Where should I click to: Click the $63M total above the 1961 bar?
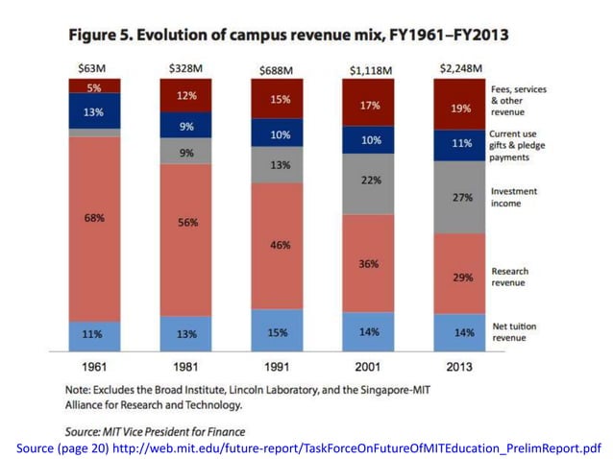94,68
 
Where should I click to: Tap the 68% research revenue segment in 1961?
94,218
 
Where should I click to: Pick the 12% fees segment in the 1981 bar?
186,95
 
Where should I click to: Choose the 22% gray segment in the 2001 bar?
369,181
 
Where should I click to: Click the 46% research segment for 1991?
277,245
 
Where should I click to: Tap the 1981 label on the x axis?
186,367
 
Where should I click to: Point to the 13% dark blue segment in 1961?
94,110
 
